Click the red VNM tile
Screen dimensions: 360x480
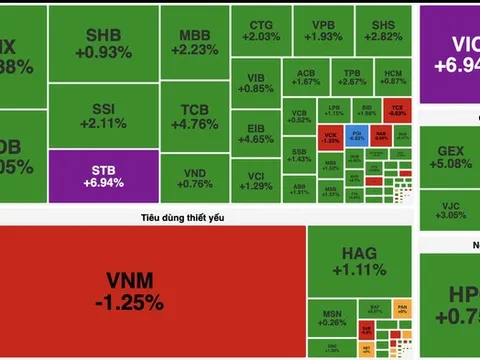(152, 290)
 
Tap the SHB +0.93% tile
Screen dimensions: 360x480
(103, 43)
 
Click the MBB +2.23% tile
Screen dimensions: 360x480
(194, 43)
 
